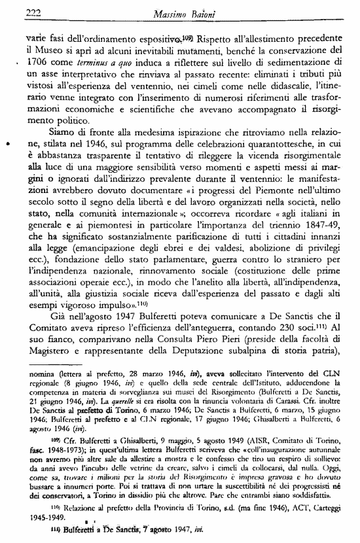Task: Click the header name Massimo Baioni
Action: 190,12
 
